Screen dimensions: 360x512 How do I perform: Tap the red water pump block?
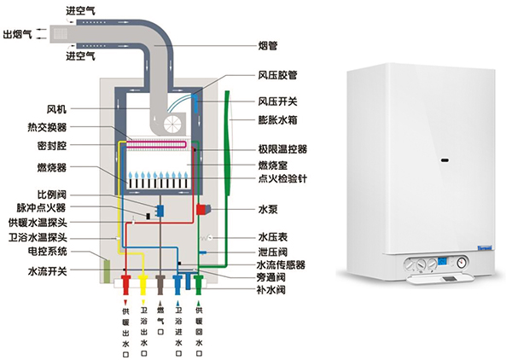[203, 210]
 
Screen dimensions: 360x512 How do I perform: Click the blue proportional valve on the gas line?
[159, 209]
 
